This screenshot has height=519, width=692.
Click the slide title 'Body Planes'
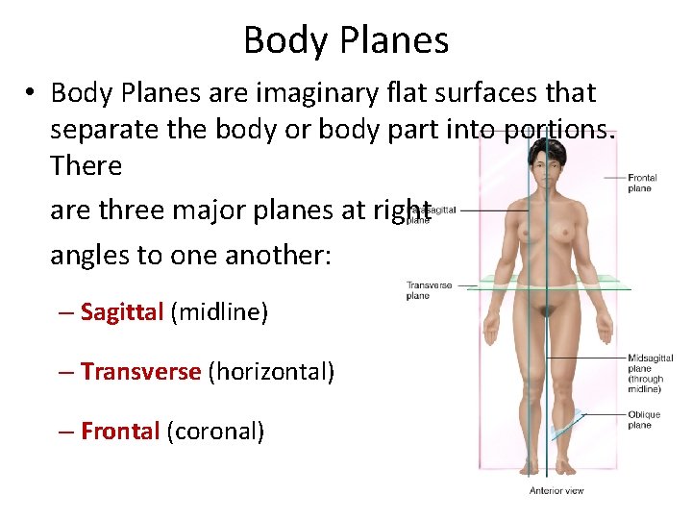[x=346, y=40]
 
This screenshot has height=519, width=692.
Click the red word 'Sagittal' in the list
[x=122, y=312]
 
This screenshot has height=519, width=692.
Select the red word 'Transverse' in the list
[x=140, y=371]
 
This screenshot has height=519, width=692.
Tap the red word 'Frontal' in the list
[x=120, y=432]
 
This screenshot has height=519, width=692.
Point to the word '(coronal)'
[x=215, y=432]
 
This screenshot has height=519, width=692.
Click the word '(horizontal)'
[x=271, y=371]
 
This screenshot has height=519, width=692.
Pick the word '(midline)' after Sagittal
[x=219, y=312]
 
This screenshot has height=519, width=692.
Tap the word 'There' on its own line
[x=86, y=165]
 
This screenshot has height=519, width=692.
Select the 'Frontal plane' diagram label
[x=642, y=183]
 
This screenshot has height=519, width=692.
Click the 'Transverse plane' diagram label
[x=429, y=290]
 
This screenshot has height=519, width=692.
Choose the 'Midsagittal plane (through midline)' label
[x=650, y=374]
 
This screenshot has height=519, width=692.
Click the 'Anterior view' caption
[x=556, y=491]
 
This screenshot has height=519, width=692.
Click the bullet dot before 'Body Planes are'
[x=32, y=94]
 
